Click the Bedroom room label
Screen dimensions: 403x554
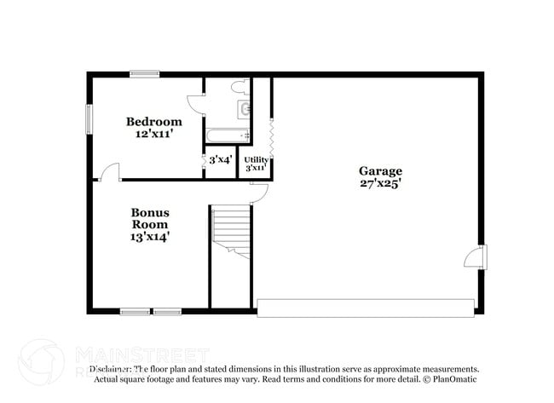tap(154, 121)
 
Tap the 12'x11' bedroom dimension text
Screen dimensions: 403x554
tap(154, 133)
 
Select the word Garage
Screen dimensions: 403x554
tap(380, 170)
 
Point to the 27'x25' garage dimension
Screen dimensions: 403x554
tap(380, 182)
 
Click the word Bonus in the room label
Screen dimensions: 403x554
tap(149, 212)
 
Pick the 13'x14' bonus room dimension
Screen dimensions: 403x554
tap(149, 237)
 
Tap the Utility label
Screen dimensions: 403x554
tap(257, 159)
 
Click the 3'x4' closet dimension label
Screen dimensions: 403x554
tap(220, 159)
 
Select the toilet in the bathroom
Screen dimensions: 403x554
tap(239, 87)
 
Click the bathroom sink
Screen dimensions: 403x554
tap(245, 108)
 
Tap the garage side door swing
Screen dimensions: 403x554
tap(473, 257)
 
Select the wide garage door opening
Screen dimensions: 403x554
tap(365, 308)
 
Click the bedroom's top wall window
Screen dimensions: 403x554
tap(144, 74)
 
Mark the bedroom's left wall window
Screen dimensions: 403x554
tap(89, 119)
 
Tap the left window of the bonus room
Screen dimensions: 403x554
tap(135, 312)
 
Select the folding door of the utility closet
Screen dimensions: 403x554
tap(271, 136)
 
